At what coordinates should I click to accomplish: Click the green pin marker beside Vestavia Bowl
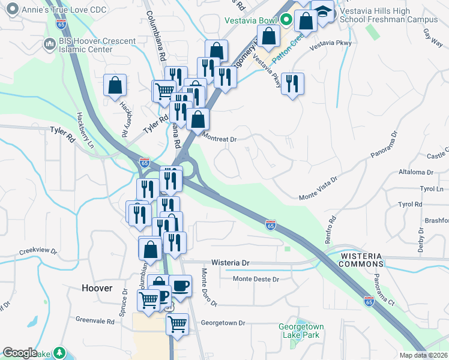287,19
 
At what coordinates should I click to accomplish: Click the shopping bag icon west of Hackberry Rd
115,86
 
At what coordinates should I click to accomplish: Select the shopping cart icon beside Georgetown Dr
177,324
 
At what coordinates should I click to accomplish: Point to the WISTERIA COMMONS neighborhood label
361,260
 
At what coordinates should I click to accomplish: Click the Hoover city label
97,288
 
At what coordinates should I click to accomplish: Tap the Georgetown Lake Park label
301,331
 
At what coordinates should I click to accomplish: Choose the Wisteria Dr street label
229,263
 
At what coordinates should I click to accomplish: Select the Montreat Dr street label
220,139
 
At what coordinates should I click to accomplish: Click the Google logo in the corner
20,353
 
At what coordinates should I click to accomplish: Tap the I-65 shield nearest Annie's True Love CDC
61,24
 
